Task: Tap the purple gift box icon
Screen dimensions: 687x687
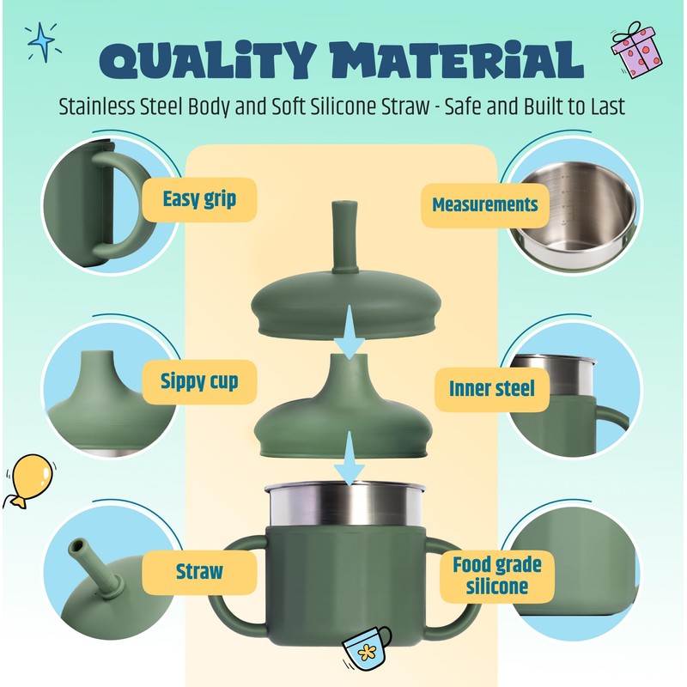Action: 636,50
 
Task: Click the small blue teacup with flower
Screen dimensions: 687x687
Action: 367,647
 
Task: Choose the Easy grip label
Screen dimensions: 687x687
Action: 199,199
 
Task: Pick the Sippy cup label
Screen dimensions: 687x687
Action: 199,381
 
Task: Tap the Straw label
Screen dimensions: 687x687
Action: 199,572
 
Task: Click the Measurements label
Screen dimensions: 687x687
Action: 485,205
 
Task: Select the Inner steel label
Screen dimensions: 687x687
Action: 492,389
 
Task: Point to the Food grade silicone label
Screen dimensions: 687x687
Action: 497,575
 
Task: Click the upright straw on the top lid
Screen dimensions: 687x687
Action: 345,237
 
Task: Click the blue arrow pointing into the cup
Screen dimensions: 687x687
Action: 350,458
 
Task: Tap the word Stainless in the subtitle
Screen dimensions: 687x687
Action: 97,106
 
